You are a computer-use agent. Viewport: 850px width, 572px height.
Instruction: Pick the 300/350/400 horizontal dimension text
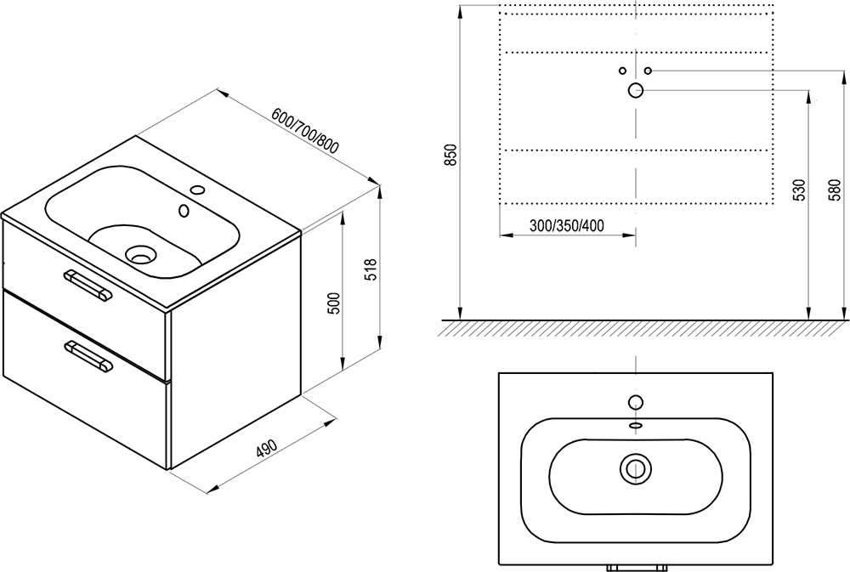point(567,226)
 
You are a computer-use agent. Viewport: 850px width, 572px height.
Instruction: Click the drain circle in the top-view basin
point(635,466)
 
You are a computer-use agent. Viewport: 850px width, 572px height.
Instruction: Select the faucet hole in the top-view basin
point(635,402)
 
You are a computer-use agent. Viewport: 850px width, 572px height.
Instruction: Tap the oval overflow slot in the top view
point(635,425)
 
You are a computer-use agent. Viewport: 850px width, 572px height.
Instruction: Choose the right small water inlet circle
point(648,70)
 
